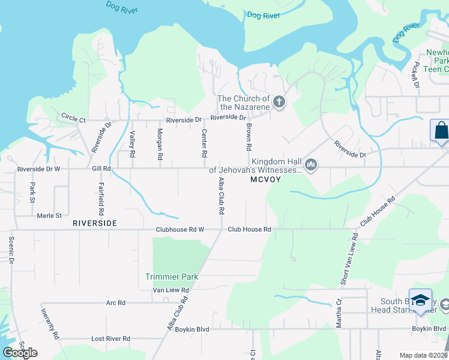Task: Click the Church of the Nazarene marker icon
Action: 279,103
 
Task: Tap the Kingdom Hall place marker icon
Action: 310,165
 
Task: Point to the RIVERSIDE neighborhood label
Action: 94,223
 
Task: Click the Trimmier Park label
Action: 171,277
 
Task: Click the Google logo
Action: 20,352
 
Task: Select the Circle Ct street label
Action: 74,117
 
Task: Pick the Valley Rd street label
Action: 133,143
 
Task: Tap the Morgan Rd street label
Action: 160,143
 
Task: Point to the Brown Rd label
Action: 248,137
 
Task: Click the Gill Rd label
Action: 101,169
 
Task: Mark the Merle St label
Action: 49,215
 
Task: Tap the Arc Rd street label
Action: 115,303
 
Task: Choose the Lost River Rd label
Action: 110,338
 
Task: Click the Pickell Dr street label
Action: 415,74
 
